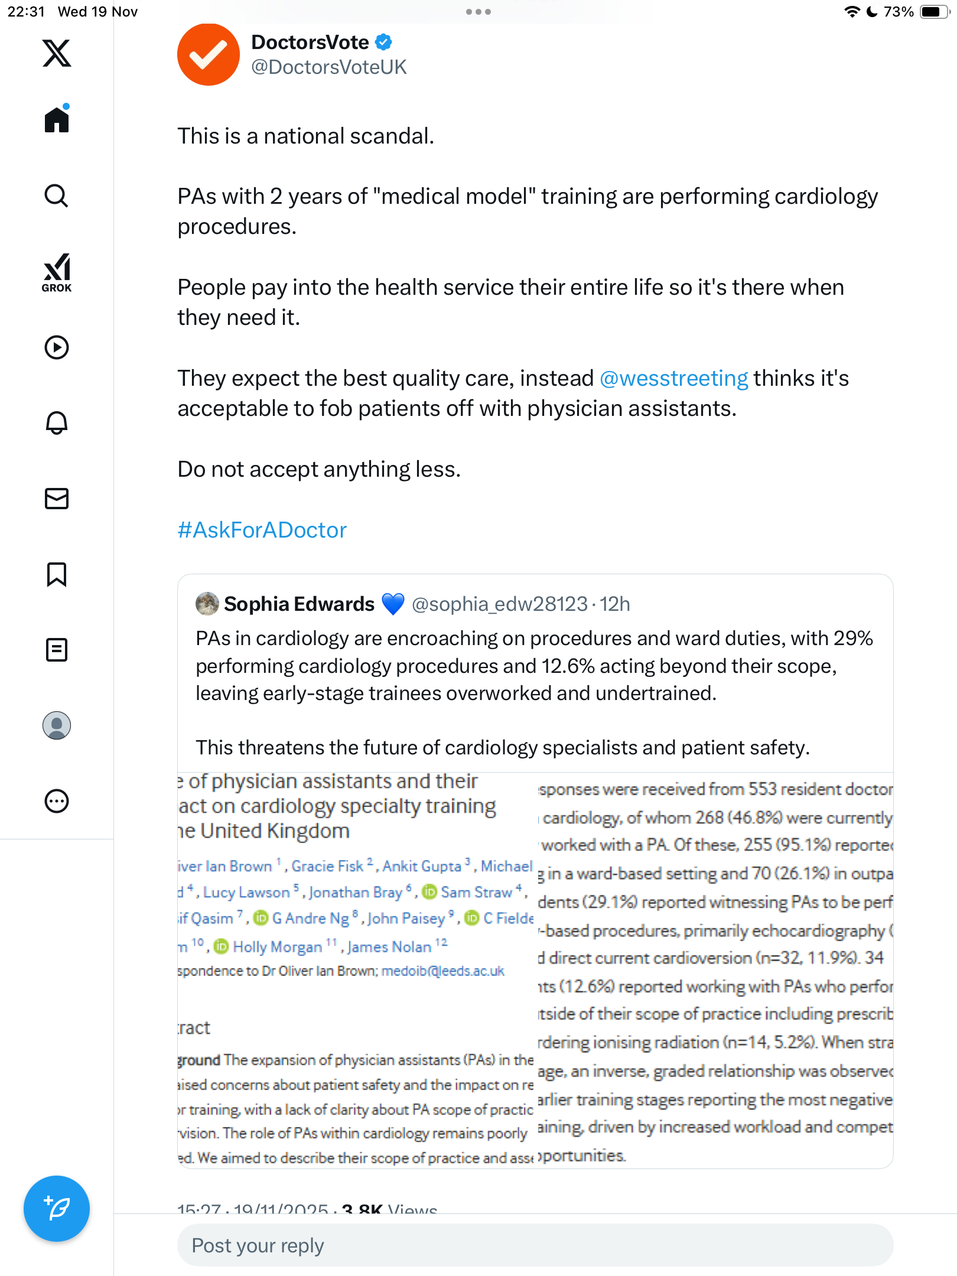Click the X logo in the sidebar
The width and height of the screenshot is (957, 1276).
pos(57,53)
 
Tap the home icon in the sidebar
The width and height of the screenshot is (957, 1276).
pos(57,119)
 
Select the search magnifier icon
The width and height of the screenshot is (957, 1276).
pos(57,196)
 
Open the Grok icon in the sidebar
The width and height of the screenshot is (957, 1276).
pos(57,272)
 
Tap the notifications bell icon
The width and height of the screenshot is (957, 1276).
pos(57,423)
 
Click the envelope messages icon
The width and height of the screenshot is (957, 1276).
pos(57,499)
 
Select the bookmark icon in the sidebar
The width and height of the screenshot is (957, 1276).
pos(57,574)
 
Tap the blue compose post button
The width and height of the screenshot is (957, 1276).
pos(57,1209)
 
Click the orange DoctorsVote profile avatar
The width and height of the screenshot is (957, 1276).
pos(208,54)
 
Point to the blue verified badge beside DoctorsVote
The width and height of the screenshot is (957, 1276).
pos(384,42)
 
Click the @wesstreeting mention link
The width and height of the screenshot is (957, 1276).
pos(673,378)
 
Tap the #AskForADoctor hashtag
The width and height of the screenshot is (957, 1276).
pos(262,530)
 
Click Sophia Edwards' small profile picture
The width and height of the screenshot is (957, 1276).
pos(207,604)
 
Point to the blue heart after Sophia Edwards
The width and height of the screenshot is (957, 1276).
pos(393,604)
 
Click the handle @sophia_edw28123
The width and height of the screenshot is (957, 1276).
pos(499,604)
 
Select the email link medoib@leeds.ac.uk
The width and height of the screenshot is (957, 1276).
pos(442,971)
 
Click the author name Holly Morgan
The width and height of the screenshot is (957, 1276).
pos(277,947)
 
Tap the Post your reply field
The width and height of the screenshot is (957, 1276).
pos(535,1245)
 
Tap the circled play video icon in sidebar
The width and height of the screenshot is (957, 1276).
pos(57,347)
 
